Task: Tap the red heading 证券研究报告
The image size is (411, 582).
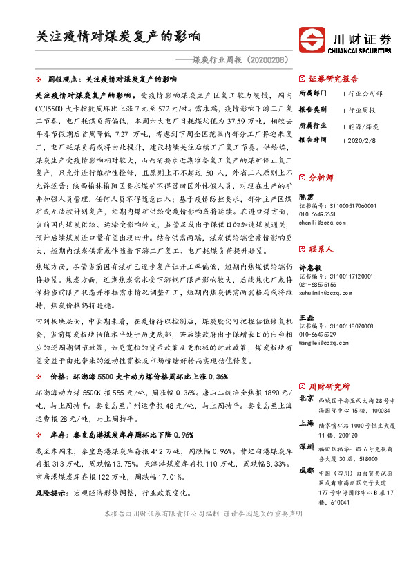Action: tap(333, 79)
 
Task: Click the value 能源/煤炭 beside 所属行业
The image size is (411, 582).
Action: tap(364, 126)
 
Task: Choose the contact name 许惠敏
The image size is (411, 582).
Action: tap(309, 269)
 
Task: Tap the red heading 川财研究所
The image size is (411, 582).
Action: tap(329, 386)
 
